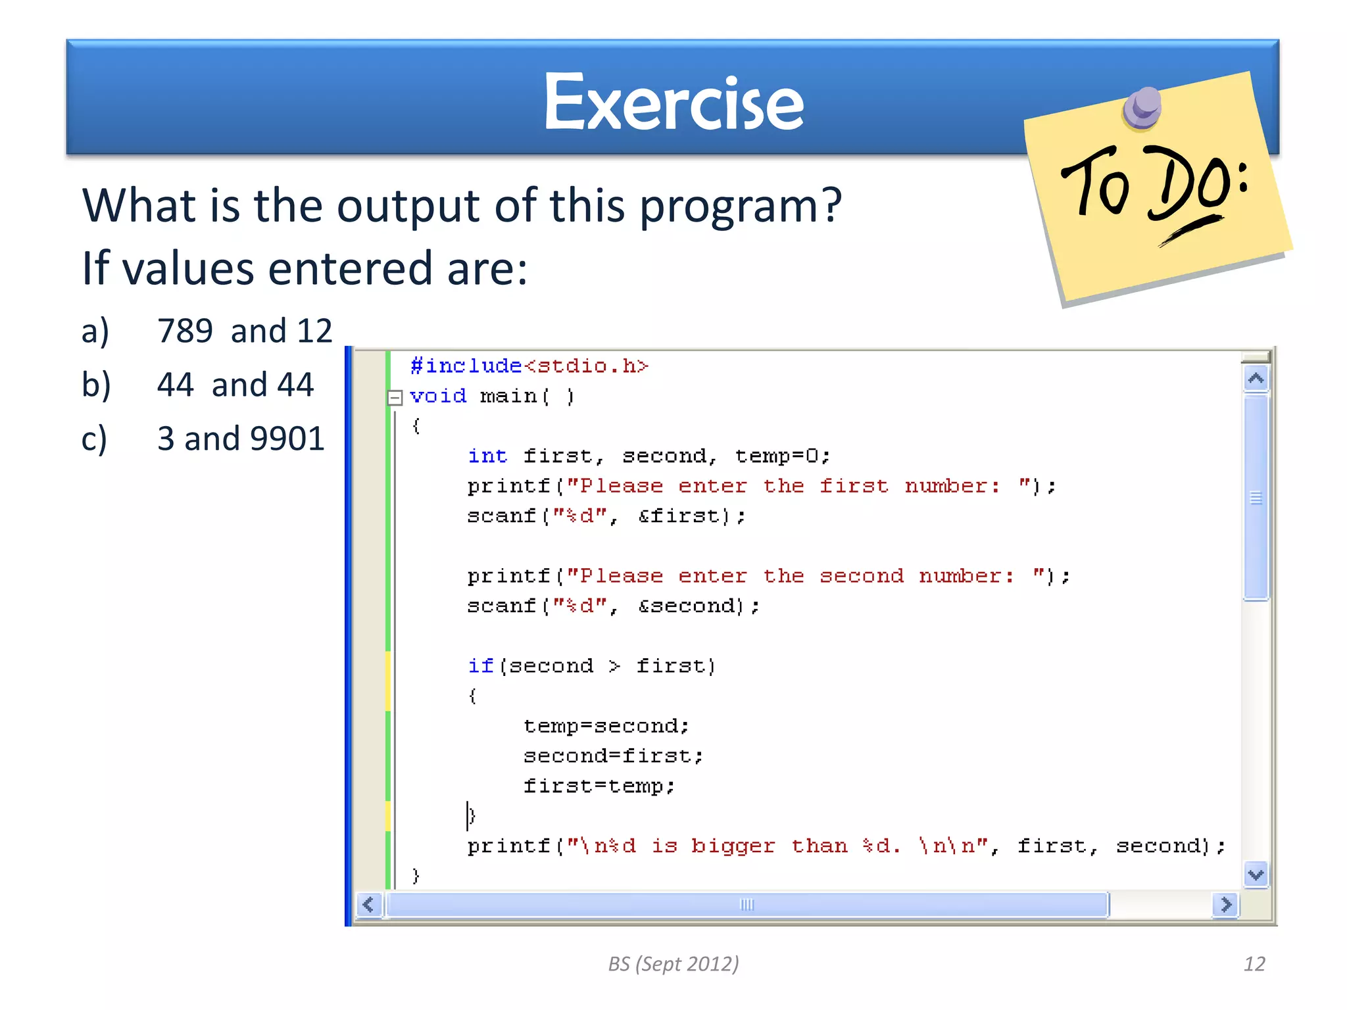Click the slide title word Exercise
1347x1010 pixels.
[x=673, y=102]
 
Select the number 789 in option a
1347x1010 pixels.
[x=185, y=331]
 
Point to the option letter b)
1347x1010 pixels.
[x=96, y=385]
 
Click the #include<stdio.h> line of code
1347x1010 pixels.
[x=529, y=366]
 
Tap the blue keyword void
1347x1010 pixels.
[x=437, y=396]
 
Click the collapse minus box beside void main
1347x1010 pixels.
[x=395, y=397]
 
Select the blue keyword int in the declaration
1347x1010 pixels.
[x=487, y=456]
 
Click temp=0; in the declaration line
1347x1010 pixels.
[x=782, y=456]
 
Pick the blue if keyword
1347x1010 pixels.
[x=480, y=666]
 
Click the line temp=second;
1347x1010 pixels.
[x=606, y=726]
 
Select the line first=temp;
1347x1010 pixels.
[x=599, y=786]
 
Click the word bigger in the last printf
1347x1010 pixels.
[x=733, y=846]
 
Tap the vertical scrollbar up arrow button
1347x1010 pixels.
[x=1256, y=379]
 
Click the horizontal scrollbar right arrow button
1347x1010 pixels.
[x=1225, y=905]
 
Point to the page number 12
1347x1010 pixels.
[x=1254, y=964]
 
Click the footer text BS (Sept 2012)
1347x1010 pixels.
[x=673, y=964]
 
